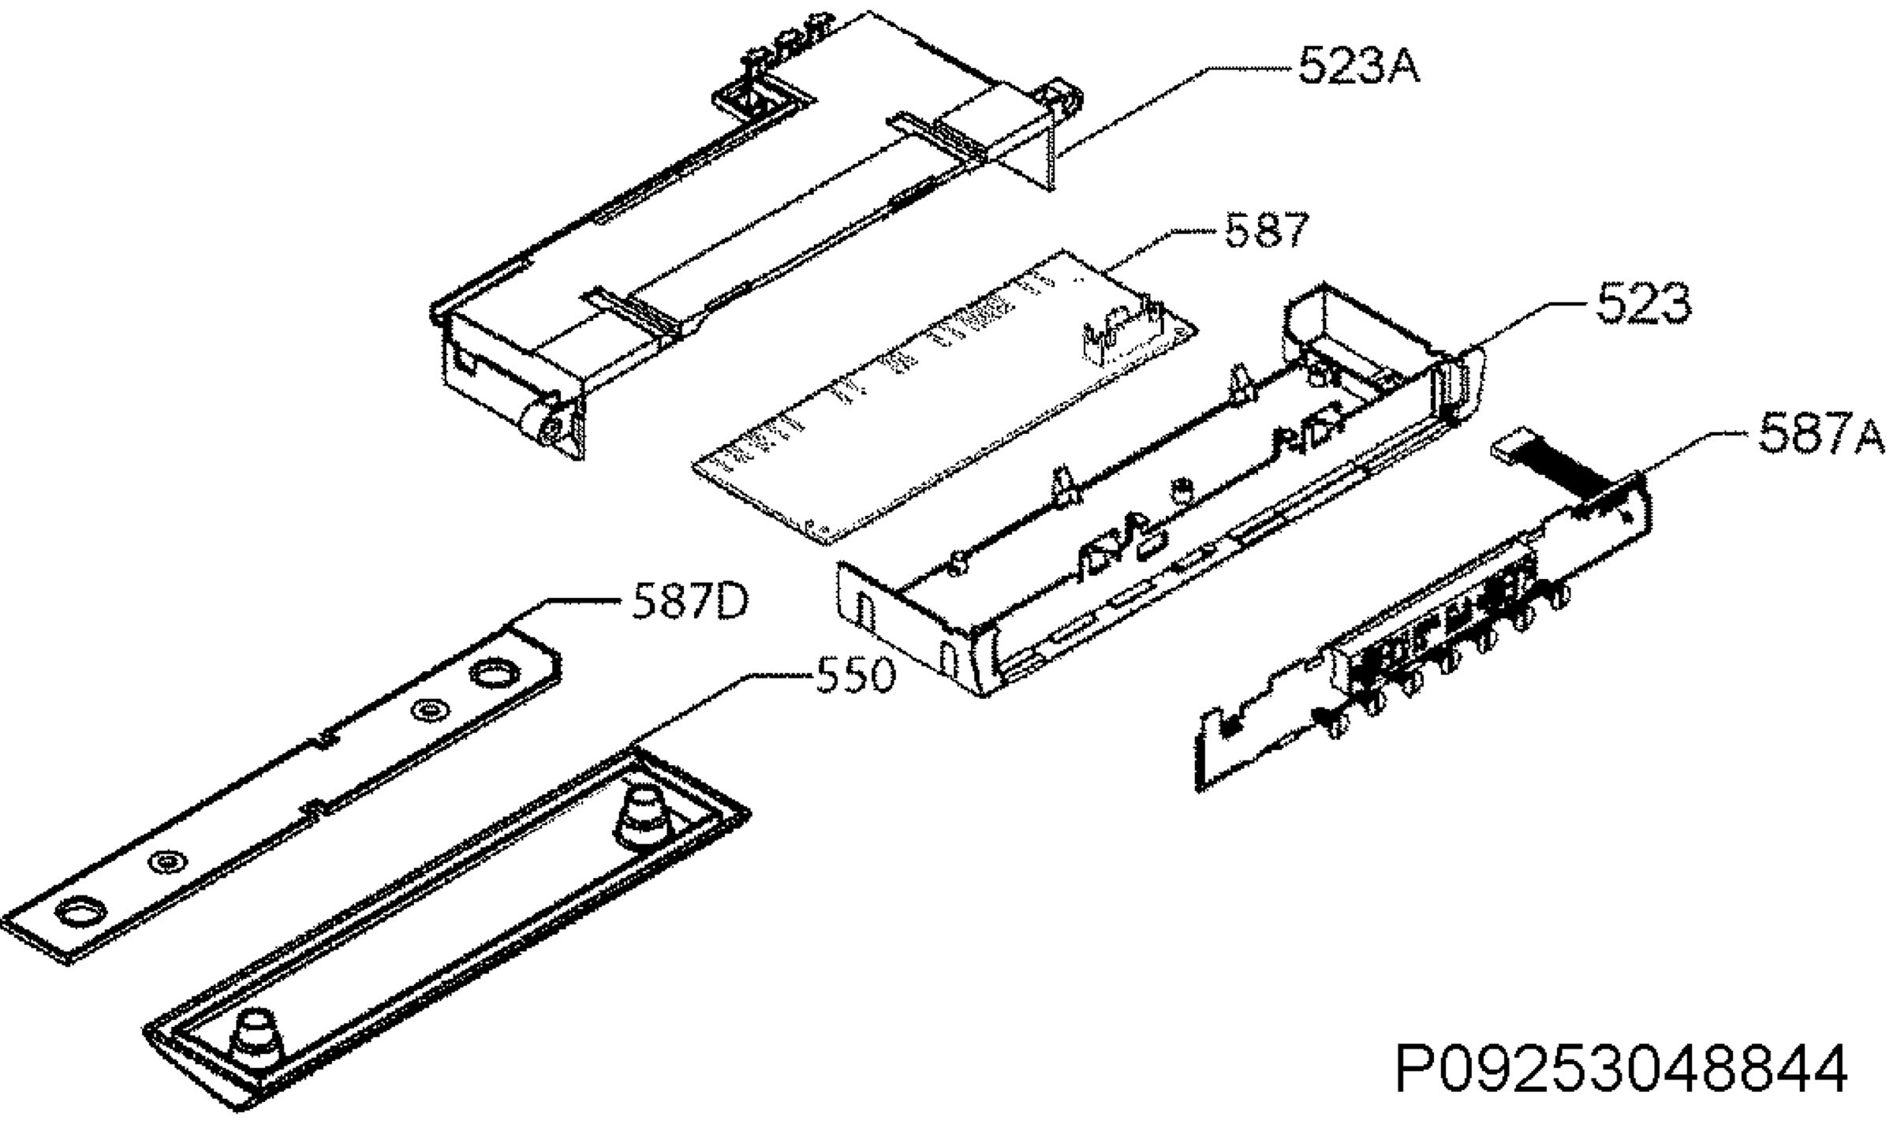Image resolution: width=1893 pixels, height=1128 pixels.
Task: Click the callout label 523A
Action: click(x=1358, y=65)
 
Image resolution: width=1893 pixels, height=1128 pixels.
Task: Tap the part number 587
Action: click(x=1267, y=230)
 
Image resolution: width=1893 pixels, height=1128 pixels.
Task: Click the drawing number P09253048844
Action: click(x=1622, y=1068)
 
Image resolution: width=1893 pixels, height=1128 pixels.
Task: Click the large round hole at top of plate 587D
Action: click(x=494, y=674)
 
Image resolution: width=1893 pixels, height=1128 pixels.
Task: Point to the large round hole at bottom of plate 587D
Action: click(x=80, y=913)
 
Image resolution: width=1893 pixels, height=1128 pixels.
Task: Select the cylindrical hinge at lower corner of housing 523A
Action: click(x=546, y=427)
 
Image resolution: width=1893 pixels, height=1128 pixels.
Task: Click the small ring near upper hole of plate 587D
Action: click(x=429, y=712)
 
